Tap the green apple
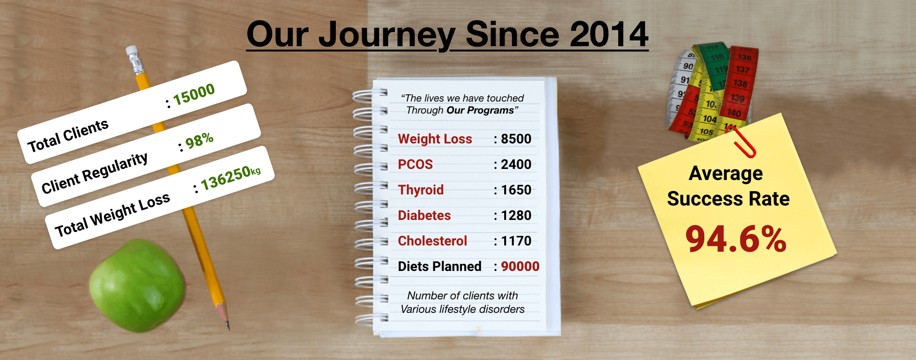coord(137,285)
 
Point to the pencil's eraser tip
coord(131,50)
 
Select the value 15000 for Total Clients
coord(194,94)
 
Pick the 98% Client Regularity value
coord(199,141)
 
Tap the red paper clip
coord(741,141)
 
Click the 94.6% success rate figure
coord(736,239)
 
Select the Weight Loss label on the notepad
coord(435,139)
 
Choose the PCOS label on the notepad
coord(415,165)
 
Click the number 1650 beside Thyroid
coord(516,190)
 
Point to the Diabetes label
coord(424,216)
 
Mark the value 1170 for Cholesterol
coord(516,241)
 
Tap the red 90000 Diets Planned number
coord(520,267)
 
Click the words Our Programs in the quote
coord(480,111)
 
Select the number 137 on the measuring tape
coord(742,70)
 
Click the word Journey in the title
coord(387,35)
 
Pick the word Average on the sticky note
coord(725,173)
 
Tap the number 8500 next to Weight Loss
coord(516,139)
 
